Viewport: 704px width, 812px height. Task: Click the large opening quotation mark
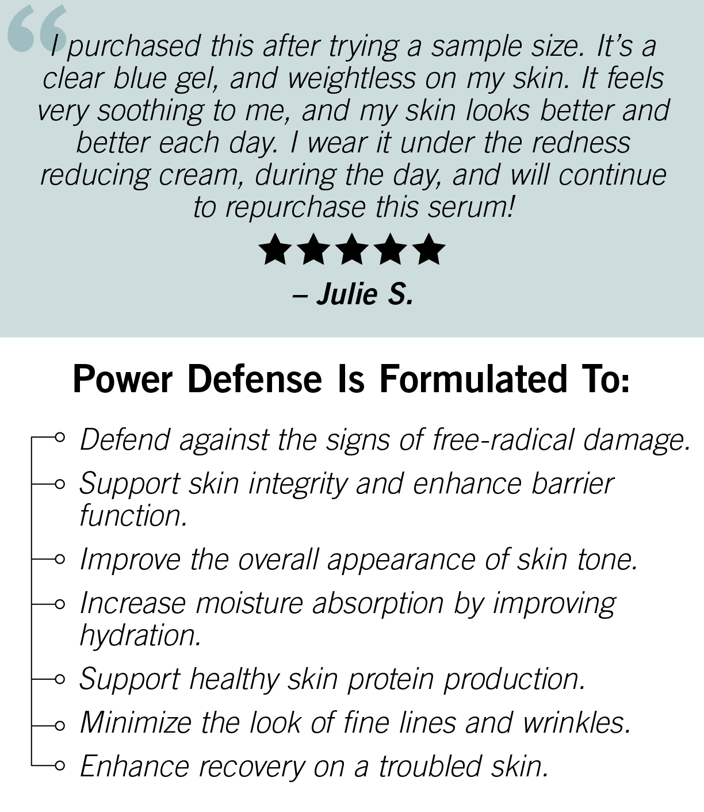point(37,28)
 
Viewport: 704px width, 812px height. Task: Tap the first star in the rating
point(276,249)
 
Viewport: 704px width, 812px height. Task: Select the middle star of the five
point(352,249)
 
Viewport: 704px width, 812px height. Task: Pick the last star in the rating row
point(428,249)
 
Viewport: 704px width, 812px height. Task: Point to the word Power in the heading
point(123,380)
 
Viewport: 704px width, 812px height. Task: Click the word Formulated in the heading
point(473,379)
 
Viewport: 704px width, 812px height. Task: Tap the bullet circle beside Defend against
point(60,437)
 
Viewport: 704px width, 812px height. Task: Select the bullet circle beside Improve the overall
point(60,559)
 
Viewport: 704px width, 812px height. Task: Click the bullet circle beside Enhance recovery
point(60,765)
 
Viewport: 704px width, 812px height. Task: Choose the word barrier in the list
point(572,483)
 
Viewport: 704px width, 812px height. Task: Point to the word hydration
point(140,635)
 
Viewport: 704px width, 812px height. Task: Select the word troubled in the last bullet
point(430,766)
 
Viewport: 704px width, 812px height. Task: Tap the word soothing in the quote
point(151,111)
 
